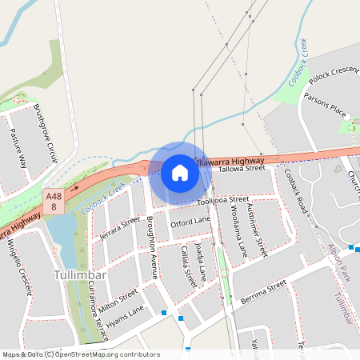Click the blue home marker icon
(179, 173)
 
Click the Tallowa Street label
(241, 169)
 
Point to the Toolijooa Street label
(223, 200)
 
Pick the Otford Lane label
(190, 220)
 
